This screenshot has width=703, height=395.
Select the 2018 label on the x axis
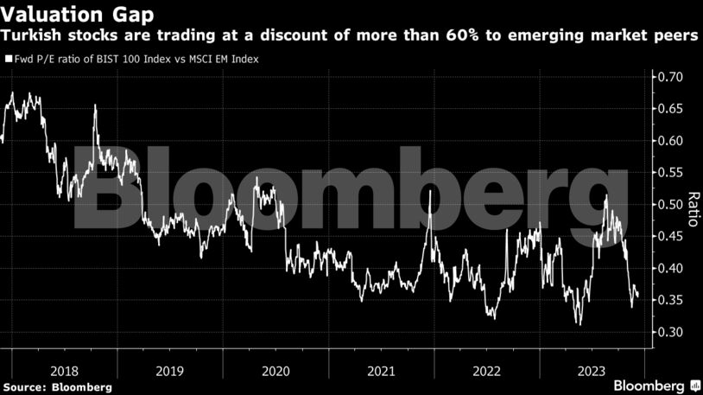coord(64,370)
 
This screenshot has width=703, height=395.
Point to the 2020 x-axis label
coord(274,370)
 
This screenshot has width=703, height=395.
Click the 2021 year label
coord(381,370)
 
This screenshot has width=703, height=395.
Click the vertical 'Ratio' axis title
coord(692,207)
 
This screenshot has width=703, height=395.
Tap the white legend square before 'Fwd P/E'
coord(9,60)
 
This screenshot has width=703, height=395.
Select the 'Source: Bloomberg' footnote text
coord(57,386)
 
